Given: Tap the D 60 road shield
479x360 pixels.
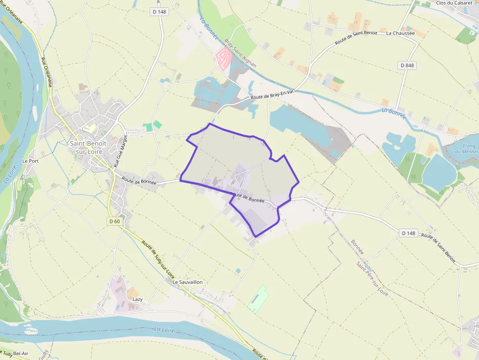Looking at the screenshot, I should pyautogui.click(x=114, y=221).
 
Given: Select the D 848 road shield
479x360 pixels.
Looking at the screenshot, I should pyautogui.click(x=407, y=65).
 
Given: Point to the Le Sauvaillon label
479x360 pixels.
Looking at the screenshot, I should pyautogui.click(x=187, y=282).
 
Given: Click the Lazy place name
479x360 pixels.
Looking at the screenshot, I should pyautogui.click(x=137, y=298).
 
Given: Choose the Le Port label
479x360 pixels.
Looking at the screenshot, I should pyautogui.click(x=30, y=160).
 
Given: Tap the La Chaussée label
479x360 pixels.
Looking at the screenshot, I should pyautogui.click(x=400, y=33).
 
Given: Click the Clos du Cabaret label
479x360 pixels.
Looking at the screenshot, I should pyautogui.click(x=454, y=3).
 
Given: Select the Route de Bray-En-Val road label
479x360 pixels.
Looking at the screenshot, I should pyautogui.click(x=271, y=95).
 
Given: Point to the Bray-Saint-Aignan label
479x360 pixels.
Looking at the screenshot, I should pyautogui.click(x=240, y=53).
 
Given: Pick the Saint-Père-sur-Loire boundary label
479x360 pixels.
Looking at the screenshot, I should pyautogui.click(x=372, y=279).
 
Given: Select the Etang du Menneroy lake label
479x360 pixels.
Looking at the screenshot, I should pyautogui.click(x=467, y=148).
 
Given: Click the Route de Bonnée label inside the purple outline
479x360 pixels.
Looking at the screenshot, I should pyautogui.click(x=247, y=197).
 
